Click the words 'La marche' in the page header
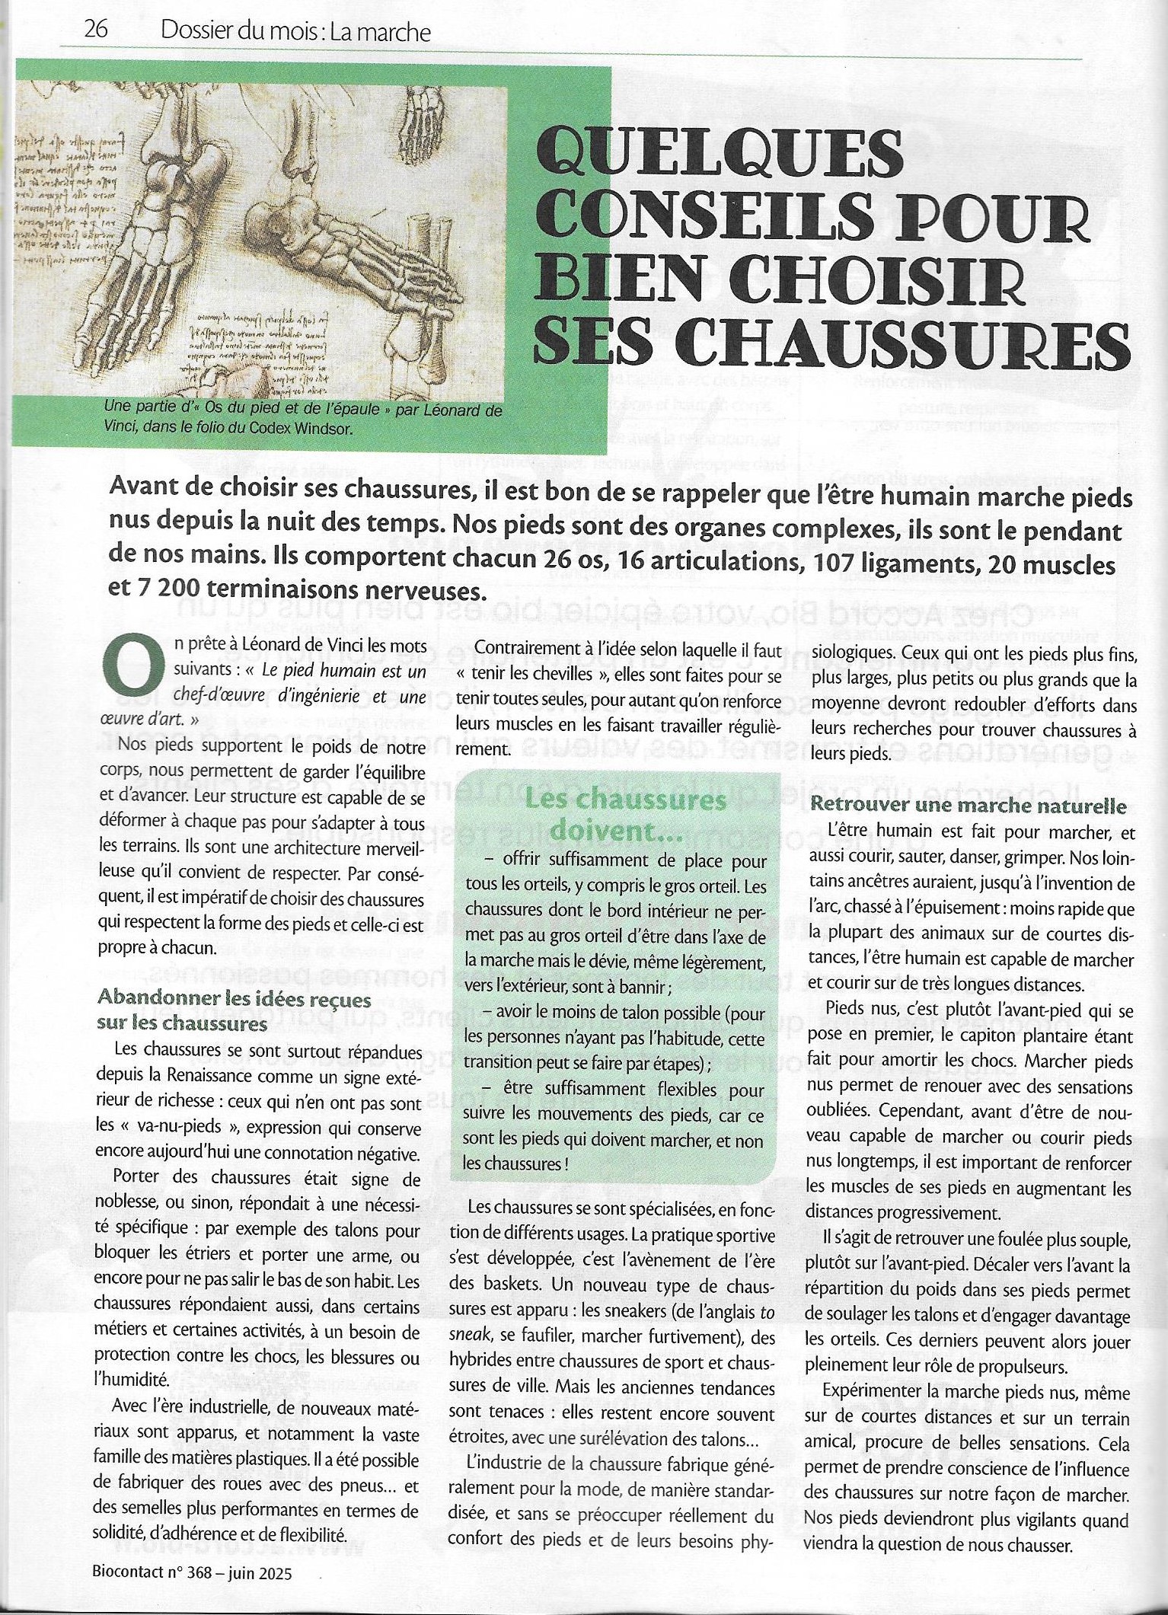(x=387, y=31)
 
